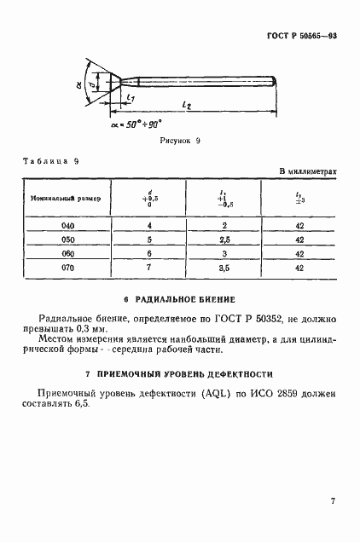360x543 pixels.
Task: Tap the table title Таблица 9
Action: coord(53,160)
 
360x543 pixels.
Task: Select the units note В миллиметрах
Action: coord(309,171)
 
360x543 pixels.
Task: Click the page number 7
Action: coord(332,501)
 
